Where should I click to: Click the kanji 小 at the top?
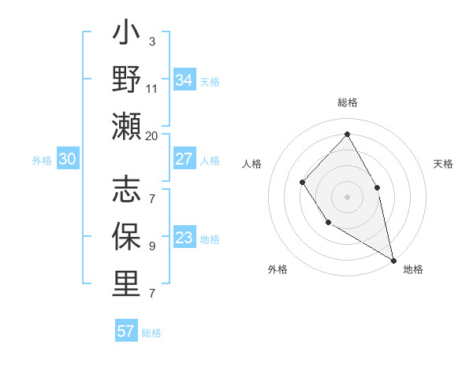(x=126, y=35)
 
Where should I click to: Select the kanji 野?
(x=126, y=80)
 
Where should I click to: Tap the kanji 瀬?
(x=126, y=126)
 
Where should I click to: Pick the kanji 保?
(x=126, y=237)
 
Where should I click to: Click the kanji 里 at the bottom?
(x=126, y=283)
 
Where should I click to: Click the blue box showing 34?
(x=184, y=80)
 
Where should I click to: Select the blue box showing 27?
(x=184, y=159)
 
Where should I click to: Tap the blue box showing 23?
(x=184, y=239)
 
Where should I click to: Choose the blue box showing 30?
(x=68, y=160)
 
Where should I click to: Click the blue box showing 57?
(x=126, y=331)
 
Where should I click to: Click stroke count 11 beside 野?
(x=151, y=88)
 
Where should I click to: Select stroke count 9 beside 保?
(x=151, y=246)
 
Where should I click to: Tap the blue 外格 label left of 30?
(x=42, y=161)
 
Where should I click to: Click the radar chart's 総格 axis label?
(x=347, y=102)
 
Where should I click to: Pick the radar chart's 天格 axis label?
(x=443, y=164)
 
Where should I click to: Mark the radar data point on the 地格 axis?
(x=393, y=260)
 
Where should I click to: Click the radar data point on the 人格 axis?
(x=303, y=183)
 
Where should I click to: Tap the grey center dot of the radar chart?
(x=347, y=196)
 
